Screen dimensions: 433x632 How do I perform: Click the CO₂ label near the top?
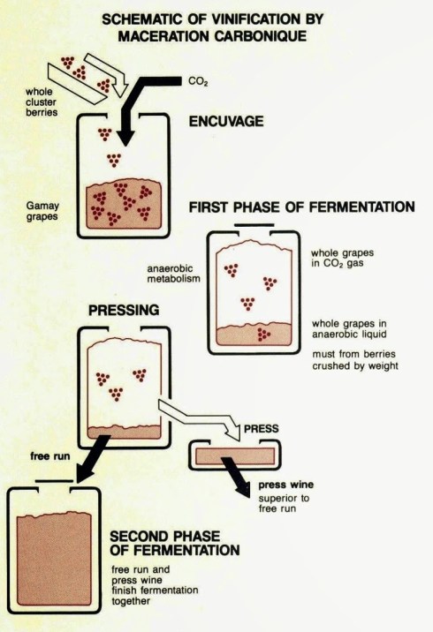(198, 81)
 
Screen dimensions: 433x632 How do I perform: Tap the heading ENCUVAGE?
(226, 121)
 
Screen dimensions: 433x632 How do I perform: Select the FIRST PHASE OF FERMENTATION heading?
(302, 207)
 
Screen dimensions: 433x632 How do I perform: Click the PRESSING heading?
(124, 310)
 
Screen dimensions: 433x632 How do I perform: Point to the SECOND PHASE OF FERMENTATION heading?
(175, 543)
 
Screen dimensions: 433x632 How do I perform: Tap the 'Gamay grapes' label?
(42, 211)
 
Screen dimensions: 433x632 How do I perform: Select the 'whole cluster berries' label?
(42, 102)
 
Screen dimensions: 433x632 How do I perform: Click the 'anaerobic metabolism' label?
(173, 274)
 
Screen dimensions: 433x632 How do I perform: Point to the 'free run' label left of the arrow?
(50, 455)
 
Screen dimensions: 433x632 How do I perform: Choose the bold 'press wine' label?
(285, 485)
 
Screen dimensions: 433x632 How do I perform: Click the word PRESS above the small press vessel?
(261, 428)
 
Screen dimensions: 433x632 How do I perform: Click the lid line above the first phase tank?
(254, 225)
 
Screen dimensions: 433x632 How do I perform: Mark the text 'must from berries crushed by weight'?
(355, 360)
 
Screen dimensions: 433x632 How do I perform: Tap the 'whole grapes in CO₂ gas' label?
(342, 258)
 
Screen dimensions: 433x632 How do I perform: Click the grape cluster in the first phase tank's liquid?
(263, 335)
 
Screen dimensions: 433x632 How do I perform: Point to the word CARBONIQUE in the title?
(260, 36)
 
